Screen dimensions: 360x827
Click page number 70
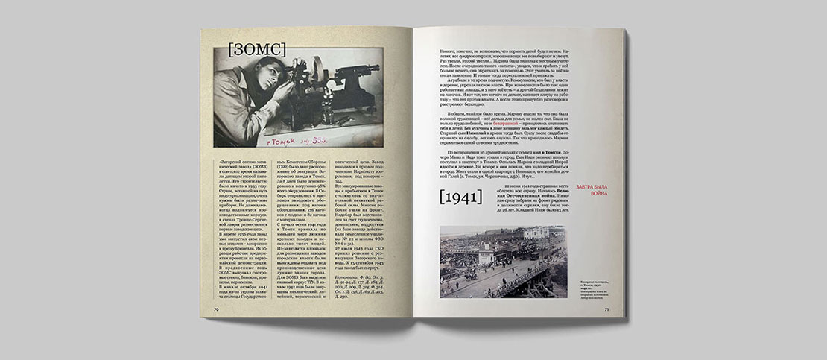coord(215,309)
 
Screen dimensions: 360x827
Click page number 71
coord(607,308)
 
